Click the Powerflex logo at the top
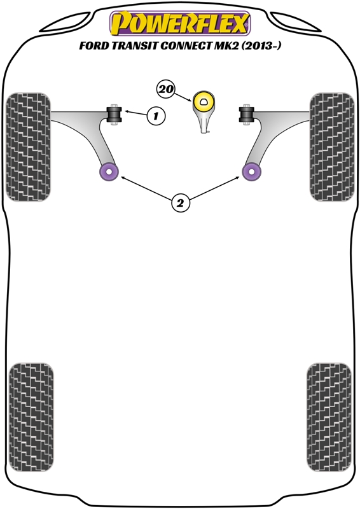coord(180,23)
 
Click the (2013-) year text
coord(261,46)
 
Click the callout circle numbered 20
coord(165,89)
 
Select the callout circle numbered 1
coord(156,116)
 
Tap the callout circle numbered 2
coord(180,203)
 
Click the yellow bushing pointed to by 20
coord(204,102)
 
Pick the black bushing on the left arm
coord(114,115)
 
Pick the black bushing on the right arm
coord(247,115)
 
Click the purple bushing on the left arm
coord(109,171)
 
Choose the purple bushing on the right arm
coord(252,171)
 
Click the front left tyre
coord(28,147)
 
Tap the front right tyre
coord(332,147)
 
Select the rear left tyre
coord(31,417)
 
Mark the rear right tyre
coord(329,417)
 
